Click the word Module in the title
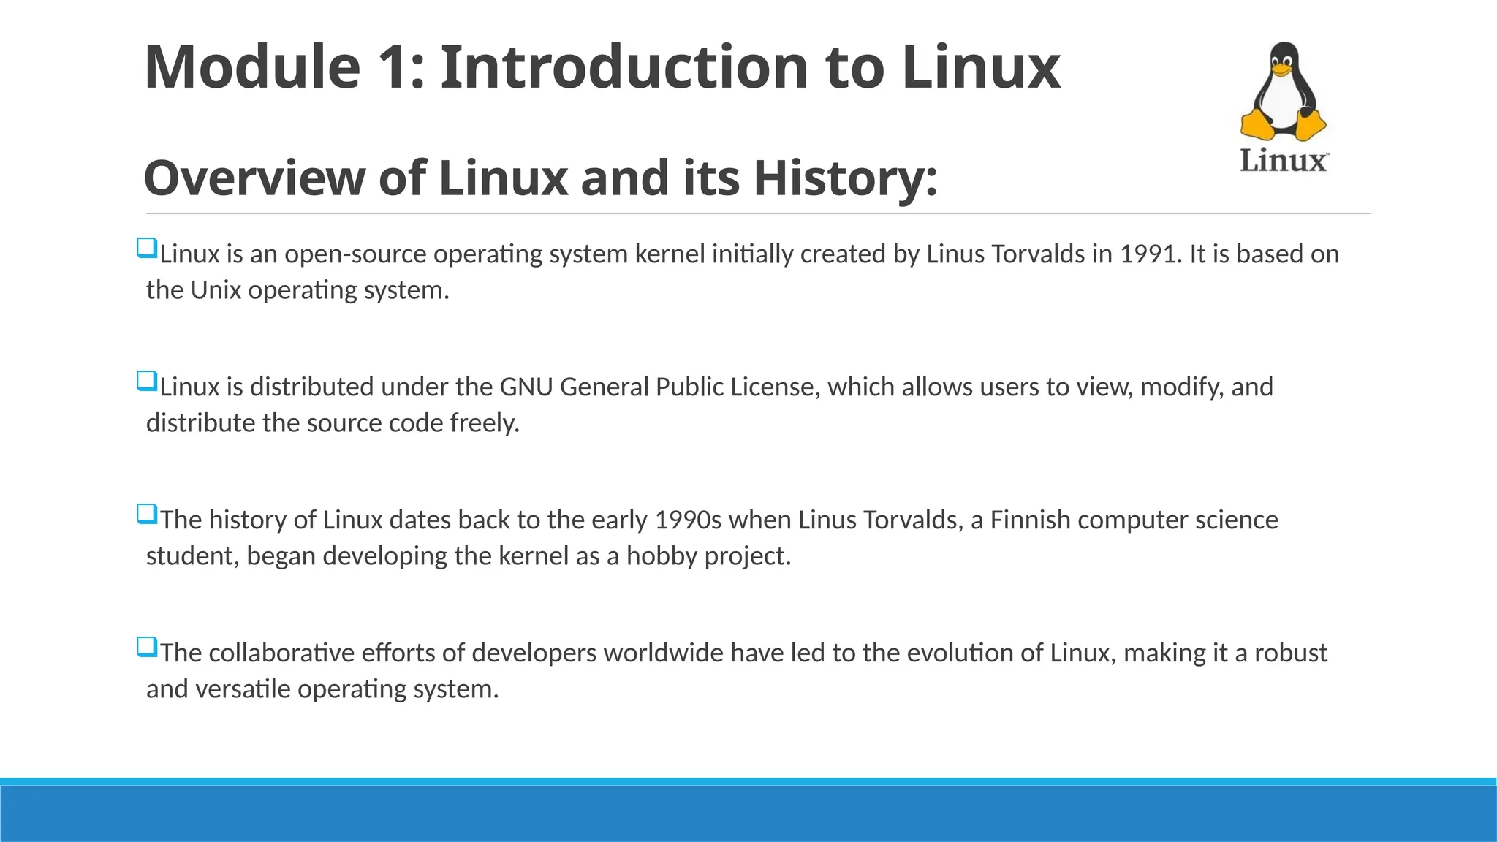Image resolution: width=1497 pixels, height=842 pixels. pos(252,67)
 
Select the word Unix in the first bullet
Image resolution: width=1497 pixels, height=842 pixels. pos(216,290)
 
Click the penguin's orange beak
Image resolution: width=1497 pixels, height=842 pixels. pos(1282,70)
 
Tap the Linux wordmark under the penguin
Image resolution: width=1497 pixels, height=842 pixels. pos(1284,161)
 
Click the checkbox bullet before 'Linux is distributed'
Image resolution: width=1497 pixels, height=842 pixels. pos(147,382)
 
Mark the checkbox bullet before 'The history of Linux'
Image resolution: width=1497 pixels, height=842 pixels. pos(147,515)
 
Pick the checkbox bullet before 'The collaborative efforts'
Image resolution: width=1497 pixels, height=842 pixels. pos(147,648)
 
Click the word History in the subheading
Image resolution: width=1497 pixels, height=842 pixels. pos(845,178)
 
